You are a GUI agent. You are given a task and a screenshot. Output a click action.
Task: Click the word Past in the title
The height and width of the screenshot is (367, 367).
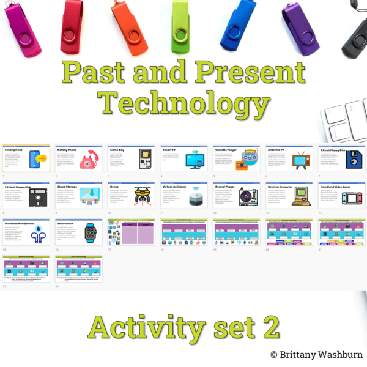coord(102,75)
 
